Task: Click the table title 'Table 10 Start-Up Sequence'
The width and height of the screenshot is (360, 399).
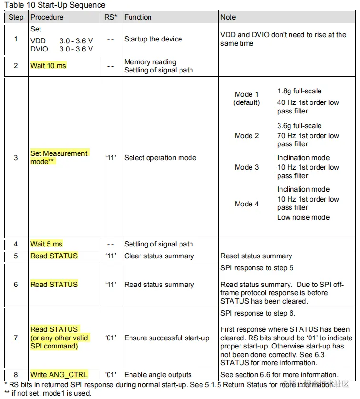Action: coord(55,5)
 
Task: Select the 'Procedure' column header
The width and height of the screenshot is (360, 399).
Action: coord(47,17)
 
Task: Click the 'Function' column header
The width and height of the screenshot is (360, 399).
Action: coord(139,17)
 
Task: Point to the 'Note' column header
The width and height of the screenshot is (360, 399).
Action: coord(228,17)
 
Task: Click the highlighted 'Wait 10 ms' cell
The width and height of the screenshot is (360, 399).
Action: coord(48,66)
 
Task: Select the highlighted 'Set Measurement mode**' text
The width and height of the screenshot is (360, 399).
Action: coord(59,157)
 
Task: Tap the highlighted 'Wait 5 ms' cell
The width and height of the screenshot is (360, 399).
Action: coord(46,244)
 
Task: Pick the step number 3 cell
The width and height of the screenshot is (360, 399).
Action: coord(16,157)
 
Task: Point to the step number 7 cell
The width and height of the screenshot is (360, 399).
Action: coord(16,338)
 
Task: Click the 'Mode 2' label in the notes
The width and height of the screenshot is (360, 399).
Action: coord(247,136)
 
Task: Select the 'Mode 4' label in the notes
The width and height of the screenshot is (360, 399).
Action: coord(247,204)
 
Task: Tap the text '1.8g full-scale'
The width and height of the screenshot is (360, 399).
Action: coord(299,91)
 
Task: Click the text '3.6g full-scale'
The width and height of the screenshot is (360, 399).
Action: coord(299,126)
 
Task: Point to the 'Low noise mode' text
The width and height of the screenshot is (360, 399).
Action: coord(303,217)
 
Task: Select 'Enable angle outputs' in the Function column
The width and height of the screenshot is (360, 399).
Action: coord(158,375)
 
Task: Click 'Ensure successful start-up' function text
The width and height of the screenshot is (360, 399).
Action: coord(167,338)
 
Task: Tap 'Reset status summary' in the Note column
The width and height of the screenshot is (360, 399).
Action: coord(256,256)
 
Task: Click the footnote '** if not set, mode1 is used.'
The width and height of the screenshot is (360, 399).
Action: coord(48,393)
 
